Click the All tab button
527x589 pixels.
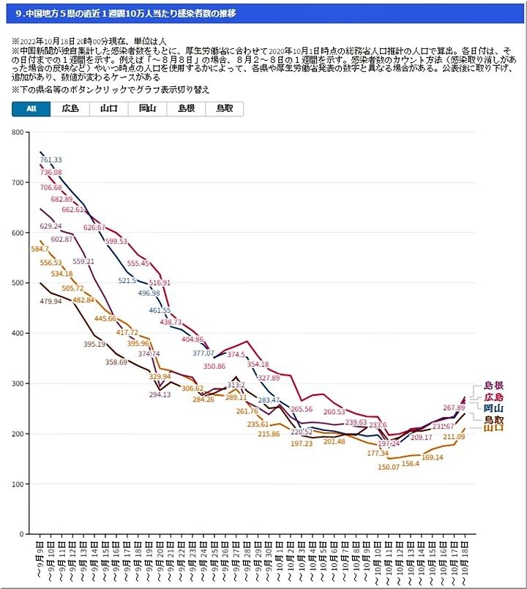[x=31, y=109]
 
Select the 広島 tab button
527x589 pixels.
[x=70, y=109]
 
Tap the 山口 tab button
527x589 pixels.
[x=109, y=109]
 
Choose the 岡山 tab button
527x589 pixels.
[x=147, y=109]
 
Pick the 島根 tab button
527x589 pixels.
[x=186, y=109]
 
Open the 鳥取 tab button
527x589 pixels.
[x=225, y=109]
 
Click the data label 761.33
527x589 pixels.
[x=51, y=160]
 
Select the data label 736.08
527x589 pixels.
[x=51, y=172]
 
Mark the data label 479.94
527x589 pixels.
[x=51, y=301]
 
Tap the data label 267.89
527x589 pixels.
[x=454, y=408]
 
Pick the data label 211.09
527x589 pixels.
[x=455, y=437]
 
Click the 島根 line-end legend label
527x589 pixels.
[x=493, y=385]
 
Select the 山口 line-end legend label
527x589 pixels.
[x=493, y=429]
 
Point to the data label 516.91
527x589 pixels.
[x=160, y=282]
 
